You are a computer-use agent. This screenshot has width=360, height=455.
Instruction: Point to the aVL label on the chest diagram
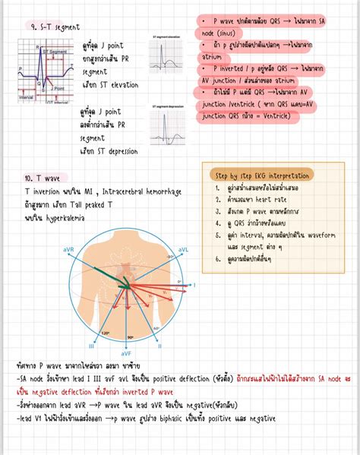(184, 249)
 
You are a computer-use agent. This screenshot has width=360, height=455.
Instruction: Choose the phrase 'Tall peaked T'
(106, 204)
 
